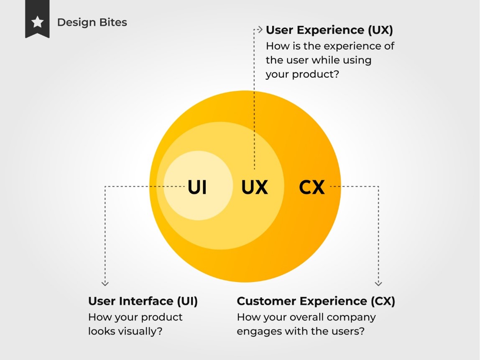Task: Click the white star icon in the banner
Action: click(x=37, y=22)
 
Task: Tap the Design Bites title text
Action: click(x=92, y=22)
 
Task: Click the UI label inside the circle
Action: click(x=197, y=187)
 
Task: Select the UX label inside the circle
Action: click(x=254, y=187)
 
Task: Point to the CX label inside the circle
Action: click(x=311, y=187)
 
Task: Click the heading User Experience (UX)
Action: click(x=329, y=30)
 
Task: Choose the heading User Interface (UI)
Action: click(x=143, y=301)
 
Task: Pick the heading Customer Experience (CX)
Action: click(x=316, y=301)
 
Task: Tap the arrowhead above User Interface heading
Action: click(x=105, y=283)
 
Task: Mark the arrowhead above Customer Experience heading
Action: click(x=378, y=283)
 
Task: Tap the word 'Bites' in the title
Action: click(x=112, y=22)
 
